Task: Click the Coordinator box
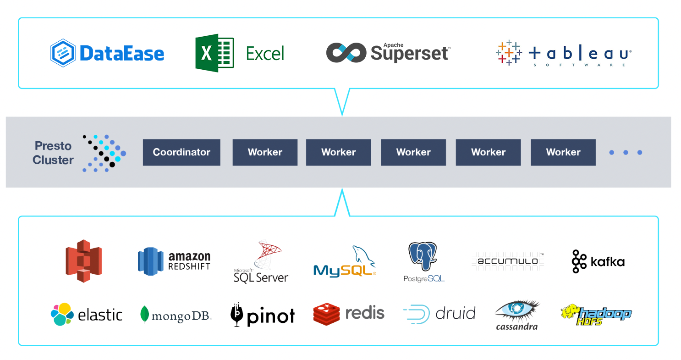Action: (181, 152)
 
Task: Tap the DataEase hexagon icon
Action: (63, 53)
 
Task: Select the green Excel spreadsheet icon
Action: (214, 53)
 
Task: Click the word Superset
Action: (410, 54)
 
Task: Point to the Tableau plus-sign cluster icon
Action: (509, 53)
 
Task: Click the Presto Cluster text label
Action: (53, 153)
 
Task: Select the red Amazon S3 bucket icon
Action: (83, 261)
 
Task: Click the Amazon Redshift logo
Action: (174, 261)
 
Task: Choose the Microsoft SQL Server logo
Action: (261, 261)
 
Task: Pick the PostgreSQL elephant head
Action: (423, 256)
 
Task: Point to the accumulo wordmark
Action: (507, 261)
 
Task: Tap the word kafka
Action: (607, 262)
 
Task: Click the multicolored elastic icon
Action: (62, 314)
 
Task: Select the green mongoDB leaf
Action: (144, 314)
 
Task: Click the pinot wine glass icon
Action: (237, 315)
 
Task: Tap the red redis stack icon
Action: (326, 314)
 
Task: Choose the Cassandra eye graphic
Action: (517, 310)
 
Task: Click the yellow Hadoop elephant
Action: (571, 310)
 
